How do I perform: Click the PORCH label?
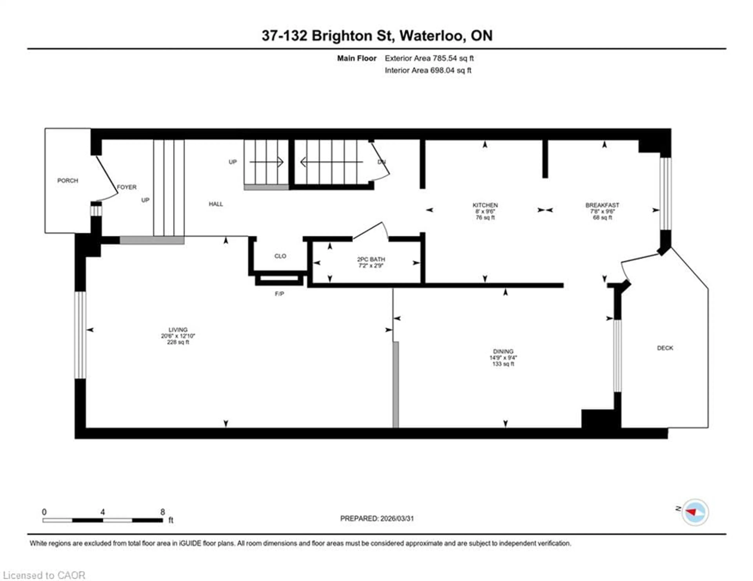point(68,181)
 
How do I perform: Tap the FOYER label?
point(126,187)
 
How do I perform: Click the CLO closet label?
point(280,256)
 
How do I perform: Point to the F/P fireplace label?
point(279,294)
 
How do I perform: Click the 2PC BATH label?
point(371,259)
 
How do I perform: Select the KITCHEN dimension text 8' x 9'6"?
point(485,211)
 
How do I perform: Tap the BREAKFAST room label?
point(602,205)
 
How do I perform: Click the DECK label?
point(665,348)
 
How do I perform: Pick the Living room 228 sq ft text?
point(178,342)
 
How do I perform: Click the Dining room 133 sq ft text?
point(503,364)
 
